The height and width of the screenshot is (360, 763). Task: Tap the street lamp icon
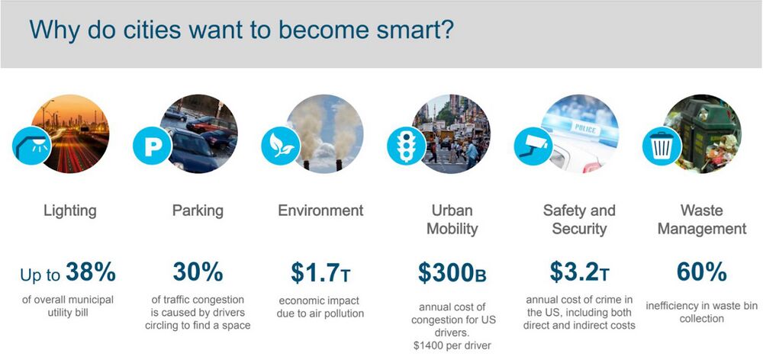(32, 146)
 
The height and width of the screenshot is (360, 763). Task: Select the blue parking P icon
(153, 146)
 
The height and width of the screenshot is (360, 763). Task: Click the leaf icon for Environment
(281, 146)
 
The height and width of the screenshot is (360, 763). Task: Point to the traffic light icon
(407, 146)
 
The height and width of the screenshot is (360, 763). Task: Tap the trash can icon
(662, 146)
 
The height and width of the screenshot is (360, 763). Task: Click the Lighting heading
(70, 211)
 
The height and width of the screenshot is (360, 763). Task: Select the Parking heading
(198, 211)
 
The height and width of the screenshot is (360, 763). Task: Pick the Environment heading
(320, 211)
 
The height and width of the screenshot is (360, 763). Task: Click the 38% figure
(91, 272)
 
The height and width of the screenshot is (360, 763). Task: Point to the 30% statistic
(198, 272)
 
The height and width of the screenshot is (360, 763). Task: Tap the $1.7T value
(320, 273)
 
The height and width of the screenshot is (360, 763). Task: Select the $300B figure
(452, 273)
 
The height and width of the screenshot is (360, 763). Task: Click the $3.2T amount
(579, 272)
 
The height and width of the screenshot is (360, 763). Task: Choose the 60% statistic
(701, 272)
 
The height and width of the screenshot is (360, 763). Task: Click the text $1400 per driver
(452, 346)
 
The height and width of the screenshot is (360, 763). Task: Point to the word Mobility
(452, 229)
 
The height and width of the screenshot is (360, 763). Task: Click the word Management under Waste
(701, 229)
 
